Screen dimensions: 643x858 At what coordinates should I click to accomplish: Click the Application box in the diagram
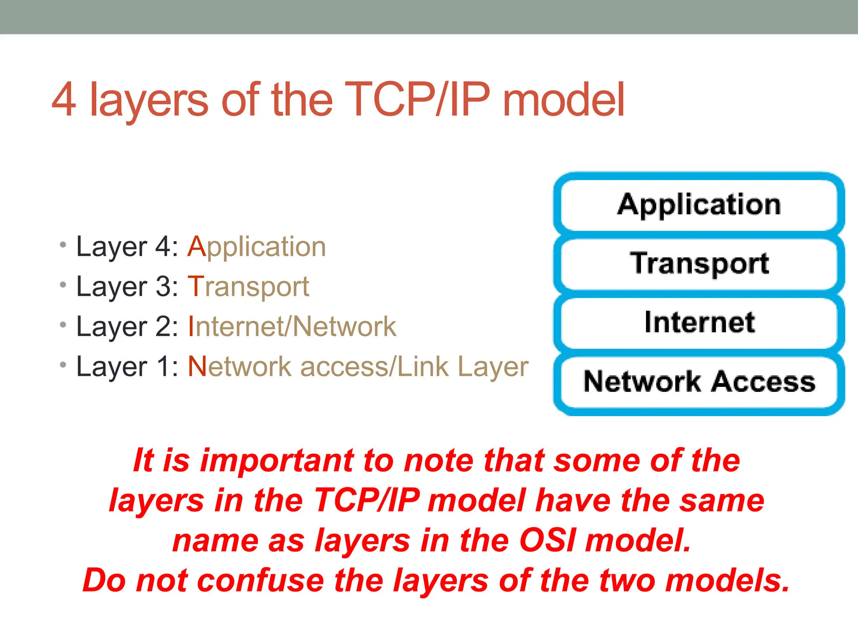[x=699, y=205]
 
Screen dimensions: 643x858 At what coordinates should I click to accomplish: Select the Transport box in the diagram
[x=699, y=263]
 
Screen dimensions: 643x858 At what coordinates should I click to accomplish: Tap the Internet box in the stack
[x=699, y=322]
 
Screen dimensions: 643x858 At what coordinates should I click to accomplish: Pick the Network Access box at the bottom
[x=699, y=381]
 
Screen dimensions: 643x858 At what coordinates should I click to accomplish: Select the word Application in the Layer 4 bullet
[x=256, y=247]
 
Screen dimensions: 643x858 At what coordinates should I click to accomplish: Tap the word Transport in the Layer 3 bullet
[x=248, y=287]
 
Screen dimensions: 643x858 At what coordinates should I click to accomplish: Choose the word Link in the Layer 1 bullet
[x=423, y=367]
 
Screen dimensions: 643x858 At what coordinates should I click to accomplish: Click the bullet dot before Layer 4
[x=63, y=244]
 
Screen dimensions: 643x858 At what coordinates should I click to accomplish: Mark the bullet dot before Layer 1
[x=63, y=365]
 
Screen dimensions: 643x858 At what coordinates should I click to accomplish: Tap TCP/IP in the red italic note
[x=367, y=500]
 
